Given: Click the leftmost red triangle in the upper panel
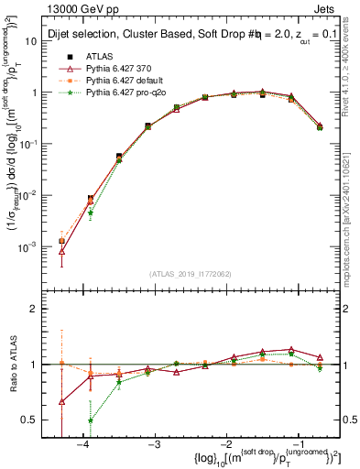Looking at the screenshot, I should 61,251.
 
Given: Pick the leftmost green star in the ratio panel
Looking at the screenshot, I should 90,421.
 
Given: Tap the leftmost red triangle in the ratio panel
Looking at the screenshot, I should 61,401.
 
